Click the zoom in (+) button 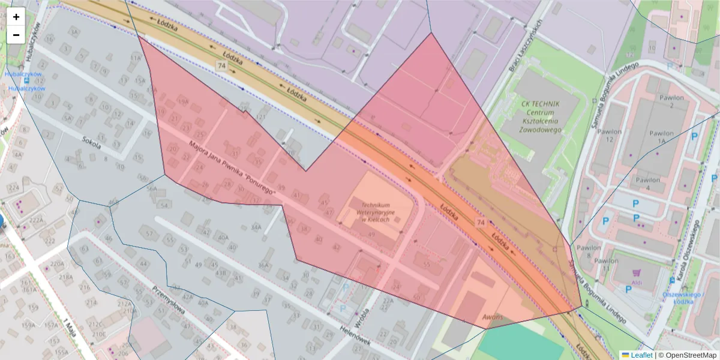[16, 17]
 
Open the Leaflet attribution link [641, 355]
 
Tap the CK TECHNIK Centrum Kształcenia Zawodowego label [541, 116]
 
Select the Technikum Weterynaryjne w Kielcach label [376, 212]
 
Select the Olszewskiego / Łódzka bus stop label [682, 298]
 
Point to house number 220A [57, 263]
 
